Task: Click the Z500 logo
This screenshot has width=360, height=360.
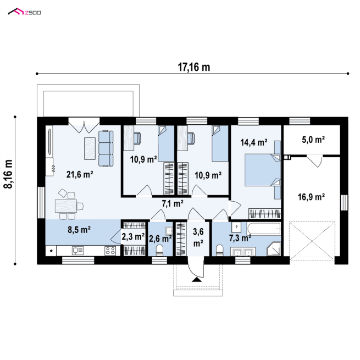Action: [x=24, y=12]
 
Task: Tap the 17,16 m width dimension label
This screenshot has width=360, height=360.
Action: [x=194, y=67]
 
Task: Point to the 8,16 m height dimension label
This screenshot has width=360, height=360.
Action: [x=8, y=174]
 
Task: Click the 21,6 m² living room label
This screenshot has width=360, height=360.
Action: [x=80, y=174]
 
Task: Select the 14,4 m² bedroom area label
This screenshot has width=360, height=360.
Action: [x=254, y=142]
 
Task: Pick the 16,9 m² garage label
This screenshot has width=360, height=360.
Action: [x=311, y=197]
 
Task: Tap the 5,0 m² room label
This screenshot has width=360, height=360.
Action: [x=313, y=140]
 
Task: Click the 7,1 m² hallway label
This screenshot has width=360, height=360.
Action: [x=173, y=203]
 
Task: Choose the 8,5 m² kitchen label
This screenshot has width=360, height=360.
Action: [x=79, y=230]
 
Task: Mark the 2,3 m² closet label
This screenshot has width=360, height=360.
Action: [x=133, y=236]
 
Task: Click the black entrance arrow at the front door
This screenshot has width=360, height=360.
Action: [x=197, y=279]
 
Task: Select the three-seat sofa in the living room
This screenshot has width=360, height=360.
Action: [x=106, y=148]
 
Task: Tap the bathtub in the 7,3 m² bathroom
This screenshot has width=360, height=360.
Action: [x=264, y=229]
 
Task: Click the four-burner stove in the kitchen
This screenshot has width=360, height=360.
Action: [x=110, y=251]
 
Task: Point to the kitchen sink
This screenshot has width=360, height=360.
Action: [x=77, y=251]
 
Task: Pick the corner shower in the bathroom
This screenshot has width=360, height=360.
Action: [x=274, y=248]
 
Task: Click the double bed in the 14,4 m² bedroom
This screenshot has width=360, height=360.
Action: [x=263, y=170]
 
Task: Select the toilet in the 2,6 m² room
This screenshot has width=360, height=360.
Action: [x=159, y=251]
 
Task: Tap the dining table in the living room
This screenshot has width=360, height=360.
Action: [x=65, y=206]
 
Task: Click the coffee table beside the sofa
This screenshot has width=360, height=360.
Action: [x=90, y=148]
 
